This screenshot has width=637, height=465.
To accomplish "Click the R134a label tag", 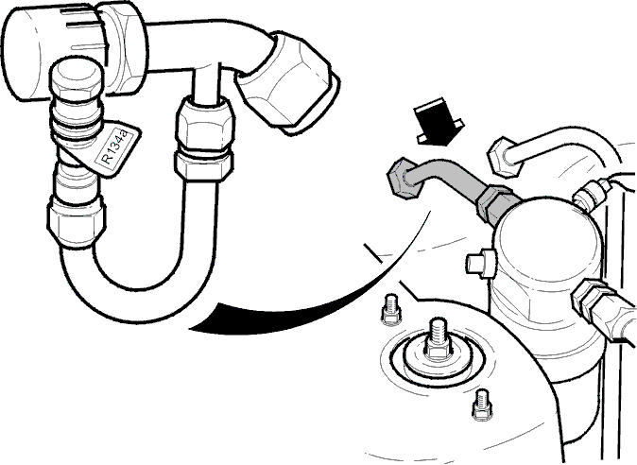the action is click(x=116, y=149).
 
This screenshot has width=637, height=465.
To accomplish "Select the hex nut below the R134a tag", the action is click(x=77, y=221).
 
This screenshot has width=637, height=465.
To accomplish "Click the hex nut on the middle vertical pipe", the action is click(x=204, y=140).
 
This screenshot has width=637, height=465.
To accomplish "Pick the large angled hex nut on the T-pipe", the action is click(x=289, y=83).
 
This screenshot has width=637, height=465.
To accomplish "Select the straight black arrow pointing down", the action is click(x=438, y=122).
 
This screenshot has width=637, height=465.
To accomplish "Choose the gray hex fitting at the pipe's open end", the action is click(x=403, y=179).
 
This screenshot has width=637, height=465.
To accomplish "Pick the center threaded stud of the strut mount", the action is click(x=438, y=340).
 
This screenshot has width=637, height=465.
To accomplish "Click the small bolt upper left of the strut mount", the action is click(x=391, y=309).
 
